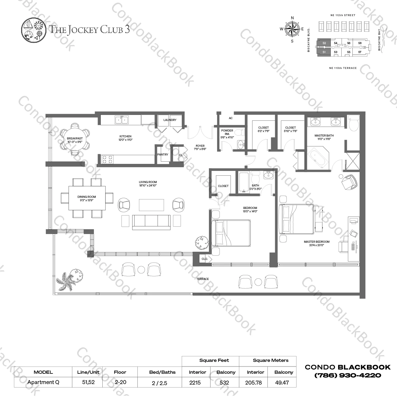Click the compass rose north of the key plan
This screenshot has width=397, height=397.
tap(292, 29)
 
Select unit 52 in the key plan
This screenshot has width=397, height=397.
tap(324, 43)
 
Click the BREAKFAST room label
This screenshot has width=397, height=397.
tap(75, 138)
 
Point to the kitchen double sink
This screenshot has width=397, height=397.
tap(121, 120)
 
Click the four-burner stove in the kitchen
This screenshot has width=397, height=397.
tap(107, 159)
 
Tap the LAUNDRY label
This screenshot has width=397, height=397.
tap(170, 120)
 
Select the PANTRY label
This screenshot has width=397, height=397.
tap(163, 155)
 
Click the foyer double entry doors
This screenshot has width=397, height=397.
tap(200, 132)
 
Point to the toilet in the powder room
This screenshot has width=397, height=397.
tap(240, 132)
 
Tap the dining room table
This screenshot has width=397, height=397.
tap(87, 198)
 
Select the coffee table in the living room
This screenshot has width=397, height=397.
tap(151, 205)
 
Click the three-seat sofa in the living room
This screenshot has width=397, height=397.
tap(151, 222)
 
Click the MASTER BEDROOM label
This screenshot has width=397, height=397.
tap(317, 242)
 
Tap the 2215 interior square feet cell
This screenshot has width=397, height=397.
tap(195, 382)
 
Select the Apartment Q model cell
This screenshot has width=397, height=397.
tap(43, 382)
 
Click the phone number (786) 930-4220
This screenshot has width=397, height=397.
tap(348, 375)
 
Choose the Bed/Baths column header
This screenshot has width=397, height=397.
tap(162, 372)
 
